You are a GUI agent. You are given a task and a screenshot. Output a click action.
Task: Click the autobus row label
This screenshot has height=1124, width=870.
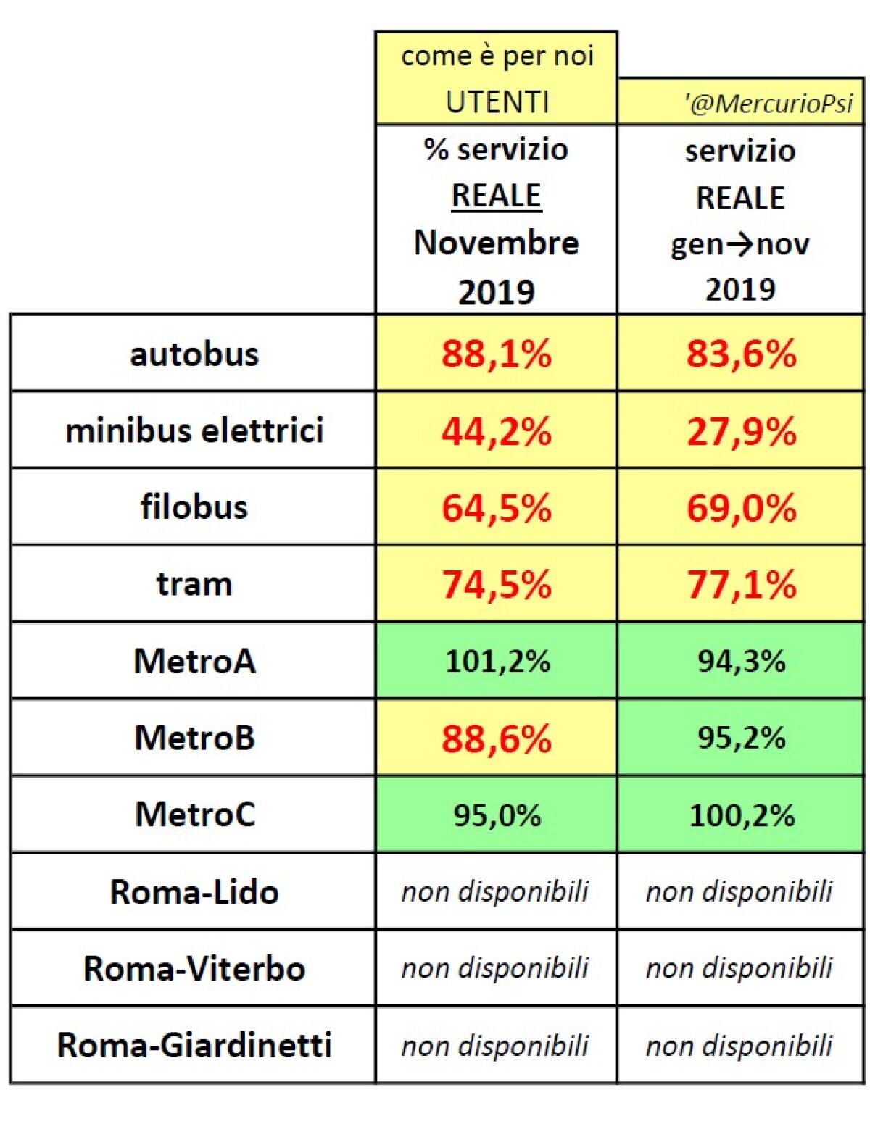point(194,354)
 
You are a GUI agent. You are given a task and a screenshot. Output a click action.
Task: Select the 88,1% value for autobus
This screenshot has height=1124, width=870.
point(497,354)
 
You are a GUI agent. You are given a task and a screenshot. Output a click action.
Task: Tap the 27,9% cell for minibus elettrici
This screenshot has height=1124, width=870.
point(741,432)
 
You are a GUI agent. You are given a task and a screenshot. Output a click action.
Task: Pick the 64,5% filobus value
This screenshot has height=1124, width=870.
point(497,508)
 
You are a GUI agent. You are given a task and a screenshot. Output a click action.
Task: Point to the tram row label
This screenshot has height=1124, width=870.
point(194,584)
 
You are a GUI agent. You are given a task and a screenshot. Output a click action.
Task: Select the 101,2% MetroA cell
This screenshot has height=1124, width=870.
point(497,661)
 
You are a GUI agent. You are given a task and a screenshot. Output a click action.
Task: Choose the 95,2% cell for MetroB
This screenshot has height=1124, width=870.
point(741,738)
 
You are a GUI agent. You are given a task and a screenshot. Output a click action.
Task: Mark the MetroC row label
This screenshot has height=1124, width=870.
point(194,815)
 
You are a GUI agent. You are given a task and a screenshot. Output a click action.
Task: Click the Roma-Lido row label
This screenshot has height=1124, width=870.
point(194,892)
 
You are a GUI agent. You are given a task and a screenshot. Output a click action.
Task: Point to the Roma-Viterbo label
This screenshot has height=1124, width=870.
point(194,969)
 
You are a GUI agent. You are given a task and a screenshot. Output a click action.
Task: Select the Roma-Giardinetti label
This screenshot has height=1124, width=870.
point(194,1046)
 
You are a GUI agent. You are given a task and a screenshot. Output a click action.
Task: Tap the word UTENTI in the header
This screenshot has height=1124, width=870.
point(497,102)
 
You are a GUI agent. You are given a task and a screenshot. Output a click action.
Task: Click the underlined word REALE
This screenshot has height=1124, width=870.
point(497,196)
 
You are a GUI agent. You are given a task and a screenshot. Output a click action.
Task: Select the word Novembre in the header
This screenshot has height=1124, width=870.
point(497,243)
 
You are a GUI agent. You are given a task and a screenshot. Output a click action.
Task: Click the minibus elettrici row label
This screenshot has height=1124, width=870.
point(194,431)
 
